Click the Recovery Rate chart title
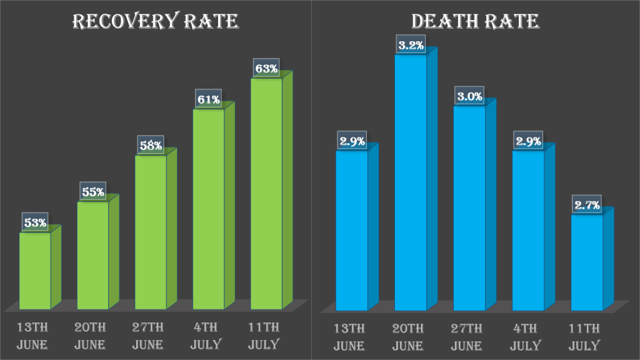156,22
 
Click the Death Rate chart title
475,22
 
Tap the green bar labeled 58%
151,231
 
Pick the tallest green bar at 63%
266,193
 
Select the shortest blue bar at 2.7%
587,262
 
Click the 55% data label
92,192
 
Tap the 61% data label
208,99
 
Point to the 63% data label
266,68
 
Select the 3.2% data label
411,45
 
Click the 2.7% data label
587,204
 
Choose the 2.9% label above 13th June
352,141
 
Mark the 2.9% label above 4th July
528,141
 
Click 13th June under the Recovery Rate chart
32,336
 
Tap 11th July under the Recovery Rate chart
264,336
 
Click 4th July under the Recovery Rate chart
206,336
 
